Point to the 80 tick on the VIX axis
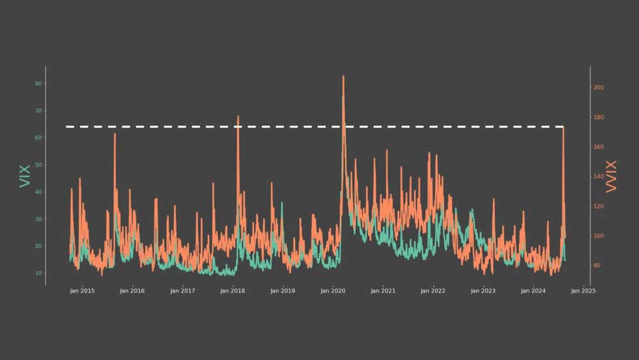click(x=38, y=84)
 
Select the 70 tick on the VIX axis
click(x=38, y=111)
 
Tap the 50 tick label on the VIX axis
click(x=38, y=165)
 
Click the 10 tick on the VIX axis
click(x=38, y=273)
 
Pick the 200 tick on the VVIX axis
click(x=599, y=88)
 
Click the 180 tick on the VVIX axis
click(x=599, y=118)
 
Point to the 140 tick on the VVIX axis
click(x=599, y=176)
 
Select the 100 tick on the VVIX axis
click(x=599, y=236)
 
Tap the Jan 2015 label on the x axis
click(x=82, y=292)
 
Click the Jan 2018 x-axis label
click(x=233, y=292)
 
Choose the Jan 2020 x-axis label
click(x=333, y=292)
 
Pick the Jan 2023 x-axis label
click(x=483, y=292)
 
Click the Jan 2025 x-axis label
click(x=583, y=292)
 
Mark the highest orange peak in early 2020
click(x=343, y=76)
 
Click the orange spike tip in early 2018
click(x=238, y=116)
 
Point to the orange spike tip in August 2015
click(x=115, y=134)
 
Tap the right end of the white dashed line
click(x=563, y=127)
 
